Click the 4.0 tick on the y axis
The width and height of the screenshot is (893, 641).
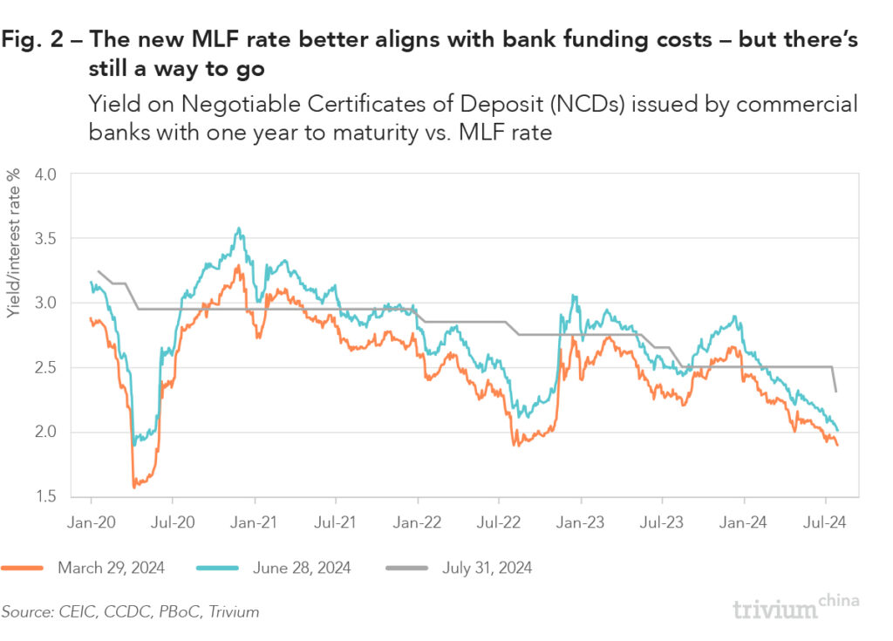tap(44, 174)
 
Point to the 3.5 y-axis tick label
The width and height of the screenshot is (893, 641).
tap(44, 238)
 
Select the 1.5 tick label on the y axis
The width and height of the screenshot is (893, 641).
tap(44, 496)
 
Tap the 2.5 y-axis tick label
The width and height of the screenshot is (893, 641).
tap(44, 367)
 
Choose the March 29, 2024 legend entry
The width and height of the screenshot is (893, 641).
tap(111, 568)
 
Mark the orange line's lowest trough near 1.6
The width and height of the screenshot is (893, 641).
tap(134, 486)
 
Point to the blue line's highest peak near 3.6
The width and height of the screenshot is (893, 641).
tap(238, 228)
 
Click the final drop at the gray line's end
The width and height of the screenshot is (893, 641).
tap(835, 379)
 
